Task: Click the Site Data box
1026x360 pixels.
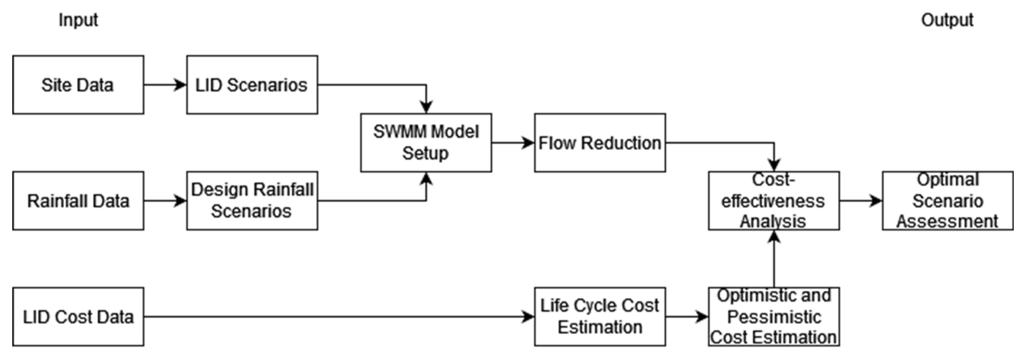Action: (78, 85)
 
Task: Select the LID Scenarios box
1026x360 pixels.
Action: (252, 85)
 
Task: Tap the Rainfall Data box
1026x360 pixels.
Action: (78, 201)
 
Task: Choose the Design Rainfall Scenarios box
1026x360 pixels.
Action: (252, 201)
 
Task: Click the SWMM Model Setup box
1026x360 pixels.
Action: (426, 143)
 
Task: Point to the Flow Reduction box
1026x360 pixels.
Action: (600, 143)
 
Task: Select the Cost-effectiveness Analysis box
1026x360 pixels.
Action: (774, 201)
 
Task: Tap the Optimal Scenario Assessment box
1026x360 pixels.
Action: (947, 201)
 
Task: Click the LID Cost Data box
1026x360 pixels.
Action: (78, 317)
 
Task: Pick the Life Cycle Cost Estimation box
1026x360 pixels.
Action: (600, 317)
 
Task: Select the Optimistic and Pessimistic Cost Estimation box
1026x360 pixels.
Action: (774, 317)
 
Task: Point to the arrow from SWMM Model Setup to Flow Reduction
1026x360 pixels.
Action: (513, 143)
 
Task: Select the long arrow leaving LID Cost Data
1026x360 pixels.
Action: (339, 317)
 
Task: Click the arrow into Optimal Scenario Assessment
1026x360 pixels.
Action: (860, 201)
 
